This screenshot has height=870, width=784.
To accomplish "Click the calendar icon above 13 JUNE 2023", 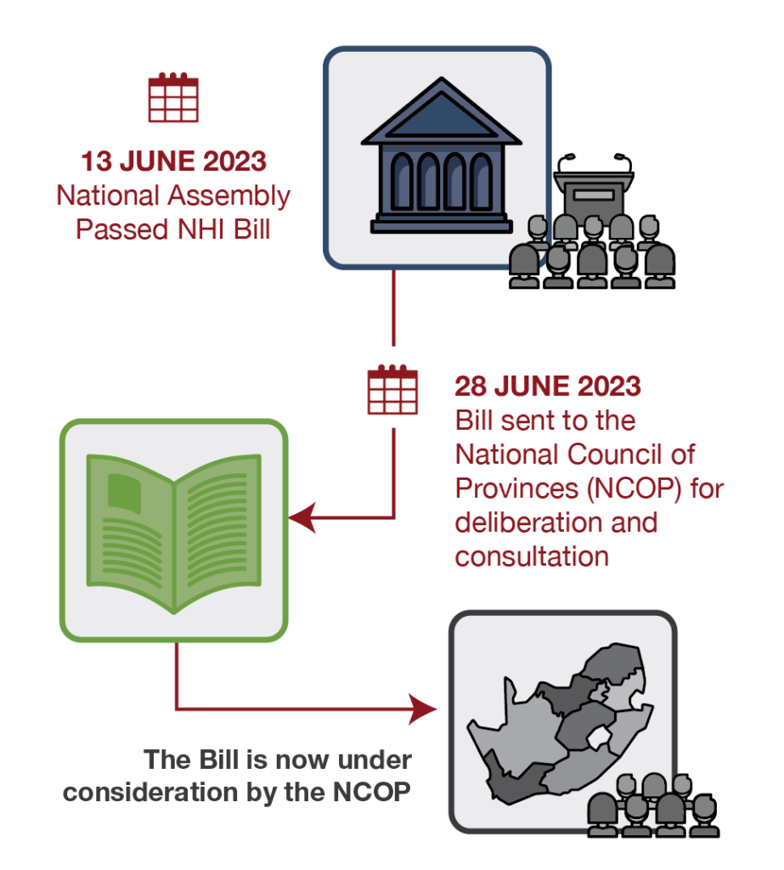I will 173,98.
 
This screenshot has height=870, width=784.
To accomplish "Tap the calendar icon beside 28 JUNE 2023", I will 392,388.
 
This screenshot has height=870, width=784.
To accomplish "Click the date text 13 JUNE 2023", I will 173,161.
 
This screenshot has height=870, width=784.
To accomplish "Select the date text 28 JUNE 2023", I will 548,386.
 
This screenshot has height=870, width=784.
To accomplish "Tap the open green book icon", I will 174,530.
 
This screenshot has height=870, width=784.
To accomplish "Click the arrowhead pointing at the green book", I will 302,516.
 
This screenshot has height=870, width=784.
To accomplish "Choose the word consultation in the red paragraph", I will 533,556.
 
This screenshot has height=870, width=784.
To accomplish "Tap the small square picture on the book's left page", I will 125,492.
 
